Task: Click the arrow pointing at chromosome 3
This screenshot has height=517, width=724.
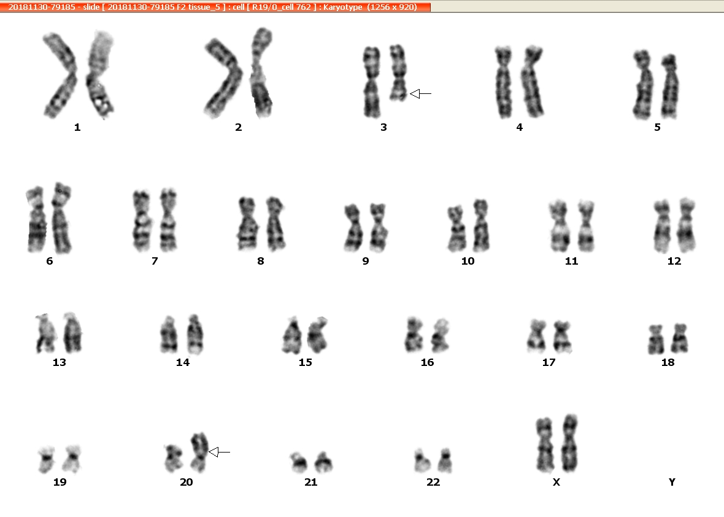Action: tap(421, 94)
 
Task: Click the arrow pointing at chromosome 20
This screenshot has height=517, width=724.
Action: tap(219, 452)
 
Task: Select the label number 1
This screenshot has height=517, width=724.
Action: tap(77, 127)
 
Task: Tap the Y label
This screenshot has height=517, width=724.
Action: tap(672, 482)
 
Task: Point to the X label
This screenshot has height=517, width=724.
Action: tap(556, 482)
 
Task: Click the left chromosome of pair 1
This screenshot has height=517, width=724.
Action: tap(60, 76)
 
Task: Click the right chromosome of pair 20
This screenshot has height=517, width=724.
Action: tap(199, 452)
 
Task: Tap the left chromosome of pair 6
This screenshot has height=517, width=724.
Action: tap(36, 219)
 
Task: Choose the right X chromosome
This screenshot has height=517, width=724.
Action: tap(570, 443)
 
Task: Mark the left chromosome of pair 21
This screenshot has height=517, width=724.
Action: tap(299, 462)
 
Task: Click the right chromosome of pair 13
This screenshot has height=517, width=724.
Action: tap(72, 333)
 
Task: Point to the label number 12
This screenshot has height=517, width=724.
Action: tap(674, 261)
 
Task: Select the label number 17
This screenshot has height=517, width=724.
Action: tap(549, 362)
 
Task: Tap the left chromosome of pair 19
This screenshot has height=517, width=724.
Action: tap(46, 459)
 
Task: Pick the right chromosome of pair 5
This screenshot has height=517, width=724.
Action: tap(669, 87)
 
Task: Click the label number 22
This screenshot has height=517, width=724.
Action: tap(433, 482)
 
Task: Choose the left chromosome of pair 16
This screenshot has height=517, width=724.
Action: tap(414, 335)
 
